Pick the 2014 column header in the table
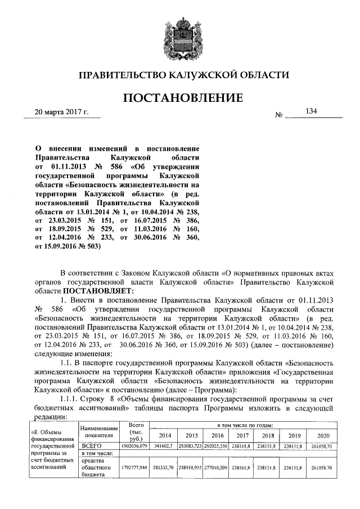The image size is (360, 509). (x=165, y=436)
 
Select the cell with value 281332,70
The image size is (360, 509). (x=165, y=467)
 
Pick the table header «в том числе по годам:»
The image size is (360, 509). (x=245, y=425)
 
